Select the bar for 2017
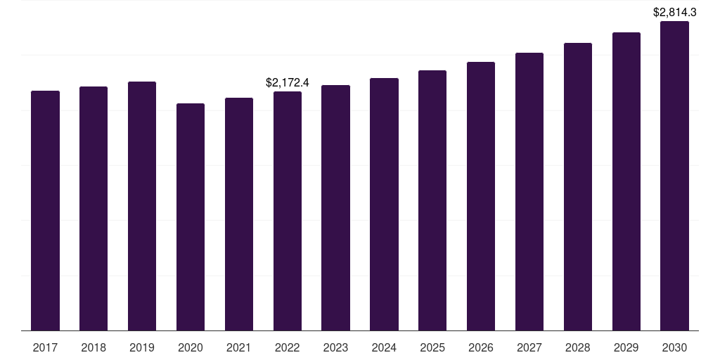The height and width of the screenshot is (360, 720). click(x=45, y=211)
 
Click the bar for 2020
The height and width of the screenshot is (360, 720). click(x=191, y=217)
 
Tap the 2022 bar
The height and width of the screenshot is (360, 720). click(x=288, y=211)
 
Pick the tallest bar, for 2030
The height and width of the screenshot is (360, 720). click(x=674, y=176)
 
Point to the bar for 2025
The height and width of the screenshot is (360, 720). click(x=432, y=200)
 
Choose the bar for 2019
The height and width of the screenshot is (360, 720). click(x=142, y=206)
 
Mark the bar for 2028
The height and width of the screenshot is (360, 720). click(x=578, y=187)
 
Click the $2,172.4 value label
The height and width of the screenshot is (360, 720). click(x=288, y=83)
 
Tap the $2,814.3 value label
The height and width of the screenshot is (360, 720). click(x=674, y=13)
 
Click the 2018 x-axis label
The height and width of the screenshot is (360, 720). click(x=94, y=348)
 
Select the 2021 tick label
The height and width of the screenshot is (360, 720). click(x=239, y=348)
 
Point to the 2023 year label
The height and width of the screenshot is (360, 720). click(x=335, y=348)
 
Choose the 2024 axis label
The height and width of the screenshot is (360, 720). click(x=384, y=348)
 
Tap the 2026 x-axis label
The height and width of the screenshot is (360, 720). click(x=481, y=348)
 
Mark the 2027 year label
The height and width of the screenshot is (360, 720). click(x=529, y=348)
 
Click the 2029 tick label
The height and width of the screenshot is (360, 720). click(x=626, y=348)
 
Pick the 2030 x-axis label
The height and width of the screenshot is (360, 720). click(x=674, y=348)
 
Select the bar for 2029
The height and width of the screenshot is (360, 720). click(x=626, y=182)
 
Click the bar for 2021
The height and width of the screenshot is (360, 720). click(x=239, y=214)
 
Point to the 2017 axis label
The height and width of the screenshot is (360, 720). click(x=45, y=348)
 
